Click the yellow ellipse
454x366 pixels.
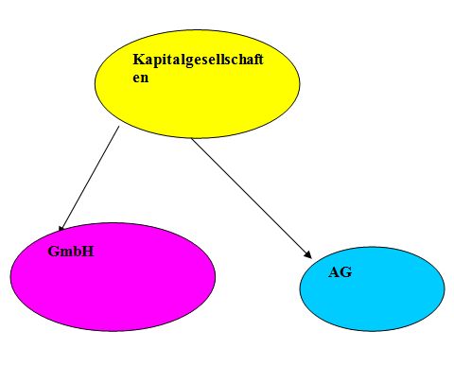click(x=198, y=84)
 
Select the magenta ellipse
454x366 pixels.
click(x=113, y=277)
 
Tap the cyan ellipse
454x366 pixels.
click(x=372, y=288)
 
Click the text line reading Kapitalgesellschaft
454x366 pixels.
click(x=198, y=60)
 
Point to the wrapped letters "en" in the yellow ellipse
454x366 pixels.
click(x=141, y=78)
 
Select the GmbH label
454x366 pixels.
click(x=71, y=252)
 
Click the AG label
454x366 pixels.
click(x=340, y=272)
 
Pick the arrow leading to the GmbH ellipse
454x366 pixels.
click(x=89, y=179)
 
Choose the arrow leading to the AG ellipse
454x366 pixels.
click(x=252, y=199)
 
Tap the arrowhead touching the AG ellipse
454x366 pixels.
click(x=307, y=254)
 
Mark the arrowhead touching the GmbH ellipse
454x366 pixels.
click(x=61, y=228)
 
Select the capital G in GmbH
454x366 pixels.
click(x=53, y=252)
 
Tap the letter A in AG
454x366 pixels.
click(x=334, y=272)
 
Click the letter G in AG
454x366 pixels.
click(x=346, y=272)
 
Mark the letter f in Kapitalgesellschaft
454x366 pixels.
click(x=255, y=59)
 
